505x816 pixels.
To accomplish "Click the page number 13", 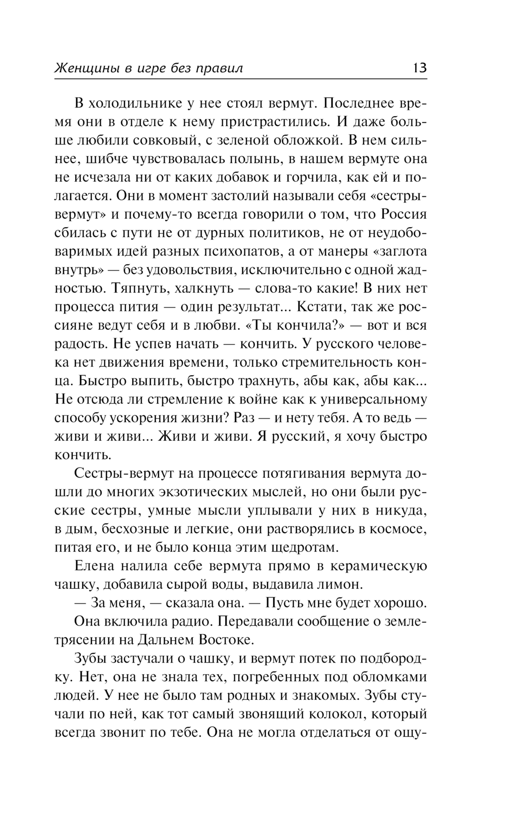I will click(419, 67).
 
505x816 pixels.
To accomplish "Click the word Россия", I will click(403, 215).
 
